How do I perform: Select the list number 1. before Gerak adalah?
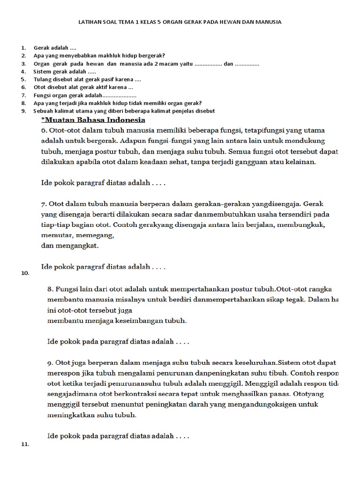pos(23,48)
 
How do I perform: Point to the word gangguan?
pos(260,162)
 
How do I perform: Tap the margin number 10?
pos(25,273)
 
